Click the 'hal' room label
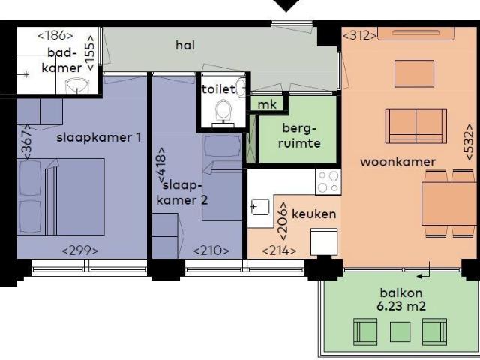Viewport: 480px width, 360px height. pos(185,46)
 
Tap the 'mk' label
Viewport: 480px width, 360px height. pos(266,104)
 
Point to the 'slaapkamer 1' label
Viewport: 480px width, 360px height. pos(99,137)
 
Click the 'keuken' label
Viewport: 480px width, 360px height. pos(313,214)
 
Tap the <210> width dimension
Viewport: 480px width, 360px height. pos(211,250)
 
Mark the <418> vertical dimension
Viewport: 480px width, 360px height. pos(160,165)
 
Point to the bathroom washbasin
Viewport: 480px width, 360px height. pos(76,88)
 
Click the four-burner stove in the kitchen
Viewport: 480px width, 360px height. pos(328,181)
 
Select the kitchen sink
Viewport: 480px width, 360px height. pos(261,207)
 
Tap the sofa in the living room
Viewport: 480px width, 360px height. pos(411,124)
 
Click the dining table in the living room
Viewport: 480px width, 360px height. pos(448,203)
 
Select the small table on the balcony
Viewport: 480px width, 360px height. pos(400,330)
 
